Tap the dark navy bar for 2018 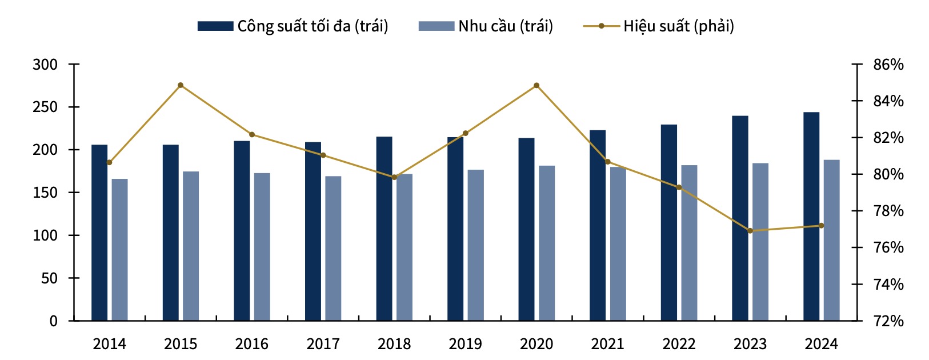tap(384, 229)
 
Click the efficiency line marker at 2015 tap(181, 85)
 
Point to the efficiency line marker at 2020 tap(536, 86)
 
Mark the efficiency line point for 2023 tap(750, 231)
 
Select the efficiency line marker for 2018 tap(394, 177)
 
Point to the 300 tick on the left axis tap(46, 65)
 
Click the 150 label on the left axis tap(46, 193)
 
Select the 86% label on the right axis tap(888, 65)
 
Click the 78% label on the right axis tap(888, 211)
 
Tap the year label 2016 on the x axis tap(251, 344)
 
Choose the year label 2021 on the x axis tap(607, 344)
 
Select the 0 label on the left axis tap(53, 321)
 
